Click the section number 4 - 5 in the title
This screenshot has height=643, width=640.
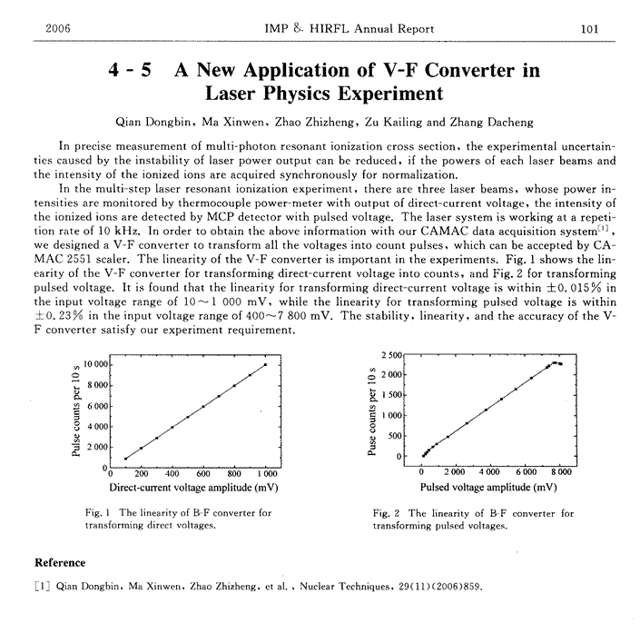[131, 69]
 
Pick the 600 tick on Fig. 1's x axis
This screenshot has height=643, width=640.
[203, 473]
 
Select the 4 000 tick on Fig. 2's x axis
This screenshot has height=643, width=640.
[489, 473]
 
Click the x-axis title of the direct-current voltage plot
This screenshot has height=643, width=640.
[188, 487]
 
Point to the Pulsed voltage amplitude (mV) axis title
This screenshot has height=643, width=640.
[490, 487]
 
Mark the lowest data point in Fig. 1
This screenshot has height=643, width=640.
[125, 458]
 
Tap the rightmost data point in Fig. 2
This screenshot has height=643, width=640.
[562, 364]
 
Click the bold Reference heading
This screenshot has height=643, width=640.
[60, 562]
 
